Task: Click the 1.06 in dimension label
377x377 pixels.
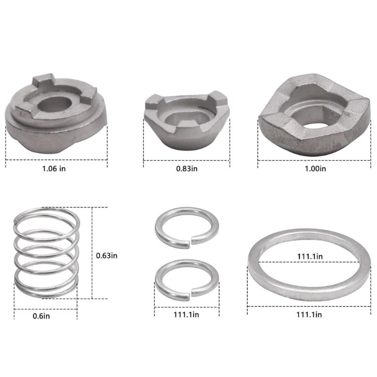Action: (x=54, y=169)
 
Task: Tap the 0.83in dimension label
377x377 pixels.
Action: (x=187, y=169)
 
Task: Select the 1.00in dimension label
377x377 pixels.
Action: (x=315, y=169)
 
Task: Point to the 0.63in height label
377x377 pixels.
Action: (x=107, y=255)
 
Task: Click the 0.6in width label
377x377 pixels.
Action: (x=41, y=316)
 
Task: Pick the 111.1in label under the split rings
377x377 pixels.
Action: (x=186, y=314)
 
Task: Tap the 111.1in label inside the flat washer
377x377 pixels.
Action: (x=310, y=256)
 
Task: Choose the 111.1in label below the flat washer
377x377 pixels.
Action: (x=309, y=314)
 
